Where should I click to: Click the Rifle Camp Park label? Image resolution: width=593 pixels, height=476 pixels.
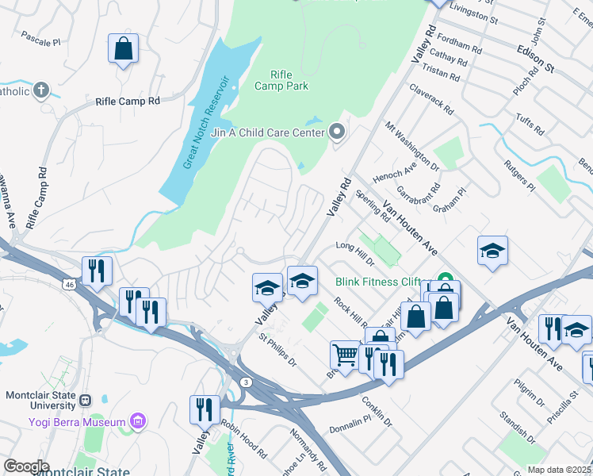281,80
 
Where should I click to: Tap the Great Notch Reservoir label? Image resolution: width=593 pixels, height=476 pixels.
205,122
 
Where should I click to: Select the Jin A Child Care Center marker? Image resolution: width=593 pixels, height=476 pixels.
339,132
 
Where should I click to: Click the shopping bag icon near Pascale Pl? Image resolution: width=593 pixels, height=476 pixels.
124,49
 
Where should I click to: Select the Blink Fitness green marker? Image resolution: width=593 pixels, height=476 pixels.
446,280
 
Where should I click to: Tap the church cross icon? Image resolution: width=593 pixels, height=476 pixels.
41,90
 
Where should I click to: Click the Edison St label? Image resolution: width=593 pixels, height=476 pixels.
535,58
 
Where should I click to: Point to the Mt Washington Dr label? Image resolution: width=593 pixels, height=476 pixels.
412,146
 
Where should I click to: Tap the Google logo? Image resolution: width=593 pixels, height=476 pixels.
26,466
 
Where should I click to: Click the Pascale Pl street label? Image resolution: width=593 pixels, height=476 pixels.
40,38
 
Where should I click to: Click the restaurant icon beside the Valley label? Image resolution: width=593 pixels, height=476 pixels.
205,409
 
